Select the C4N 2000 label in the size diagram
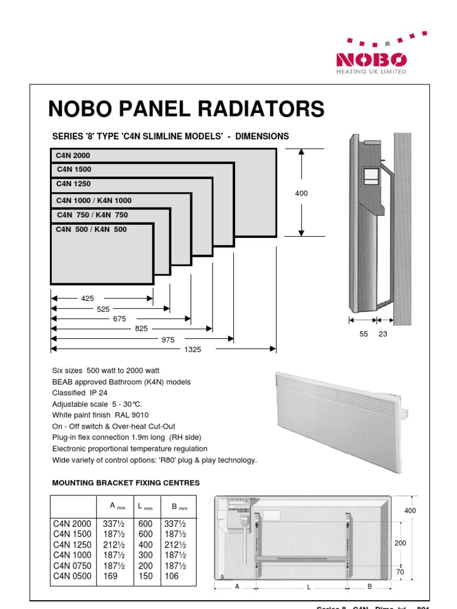pyautogui.click(x=73, y=156)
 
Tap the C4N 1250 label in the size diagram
pyautogui.click(x=73, y=184)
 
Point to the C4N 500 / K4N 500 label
pyautogui.click(x=91, y=229)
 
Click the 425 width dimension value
pyautogui.click(x=87, y=299)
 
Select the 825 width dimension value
pyautogui.click(x=141, y=329)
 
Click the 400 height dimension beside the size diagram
pyautogui.click(x=302, y=193)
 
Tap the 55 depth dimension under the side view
pyautogui.click(x=364, y=334)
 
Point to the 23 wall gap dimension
pyautogui.click(x=383, y=334)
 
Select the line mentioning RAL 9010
pyautogui.click(x=101, y=415)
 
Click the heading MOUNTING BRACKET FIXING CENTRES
pyautogui.click(x=126, y=482)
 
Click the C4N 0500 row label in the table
pyautogui.click(x=72, y=576)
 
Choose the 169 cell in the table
pyautogui.click(x=111, y=576)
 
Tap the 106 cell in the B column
pyautogui.click(x=171, y=576)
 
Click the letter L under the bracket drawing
pyautogui.click(x=309, y=588)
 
